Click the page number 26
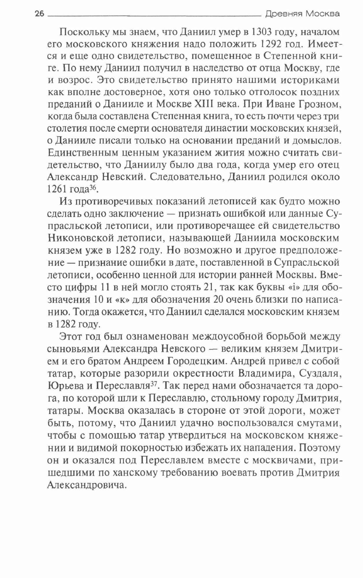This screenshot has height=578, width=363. pos(39,14)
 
